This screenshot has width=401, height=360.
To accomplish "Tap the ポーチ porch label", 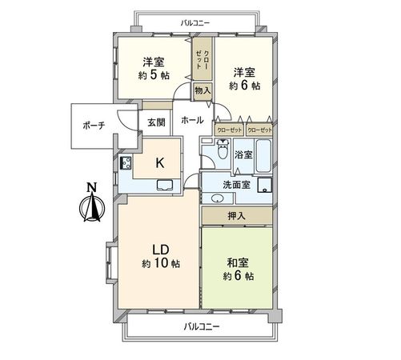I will pos(93,126).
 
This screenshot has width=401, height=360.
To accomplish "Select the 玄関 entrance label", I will pos(156,122).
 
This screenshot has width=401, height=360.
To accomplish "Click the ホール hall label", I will pos(191,121).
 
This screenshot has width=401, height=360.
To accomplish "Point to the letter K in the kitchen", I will pos(160,162).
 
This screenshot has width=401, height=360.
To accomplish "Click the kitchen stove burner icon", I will pos(126,164).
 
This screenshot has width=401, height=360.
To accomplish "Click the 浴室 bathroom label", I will pos(243,154).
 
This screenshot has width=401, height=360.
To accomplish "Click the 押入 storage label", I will pos(236,215).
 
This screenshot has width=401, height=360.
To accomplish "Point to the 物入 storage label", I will pos(203,90).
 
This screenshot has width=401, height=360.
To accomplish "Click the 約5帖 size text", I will pos(154,75).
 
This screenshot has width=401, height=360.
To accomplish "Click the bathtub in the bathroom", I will pos(266,154).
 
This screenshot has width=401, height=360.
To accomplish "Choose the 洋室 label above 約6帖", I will pos(244,68).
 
